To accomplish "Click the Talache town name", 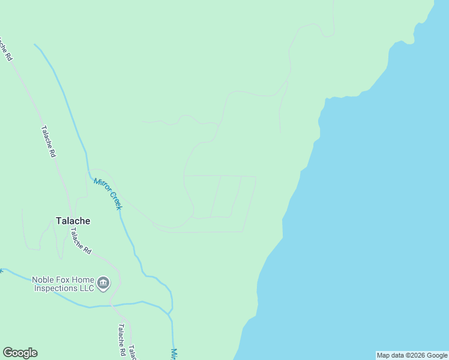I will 73,221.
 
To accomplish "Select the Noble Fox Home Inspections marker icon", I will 103,283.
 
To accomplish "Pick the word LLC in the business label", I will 86,288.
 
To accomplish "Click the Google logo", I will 20,353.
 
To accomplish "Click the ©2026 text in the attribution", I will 415,355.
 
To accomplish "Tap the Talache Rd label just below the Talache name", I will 80,241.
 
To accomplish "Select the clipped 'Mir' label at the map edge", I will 174,354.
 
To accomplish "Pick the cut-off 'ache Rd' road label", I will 7,50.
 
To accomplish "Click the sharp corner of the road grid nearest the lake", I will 256,177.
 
